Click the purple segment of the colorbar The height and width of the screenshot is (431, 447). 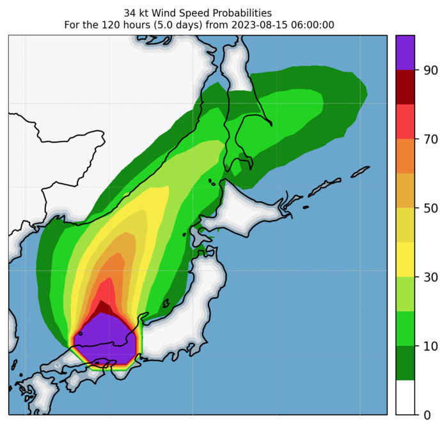click(405, 52)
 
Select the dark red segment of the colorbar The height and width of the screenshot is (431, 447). click(405, 87)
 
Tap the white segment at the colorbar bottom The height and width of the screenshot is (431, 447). click(405, 398)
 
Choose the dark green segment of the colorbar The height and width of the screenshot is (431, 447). click(405, 363)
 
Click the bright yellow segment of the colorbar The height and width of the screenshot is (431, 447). click(405, 260)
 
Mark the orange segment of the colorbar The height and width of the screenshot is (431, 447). click(405, 156)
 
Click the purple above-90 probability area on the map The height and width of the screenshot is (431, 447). click(106, 339)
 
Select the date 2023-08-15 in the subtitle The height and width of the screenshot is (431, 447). click(262, 25)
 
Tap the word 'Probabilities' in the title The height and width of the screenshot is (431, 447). click(241, 13)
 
